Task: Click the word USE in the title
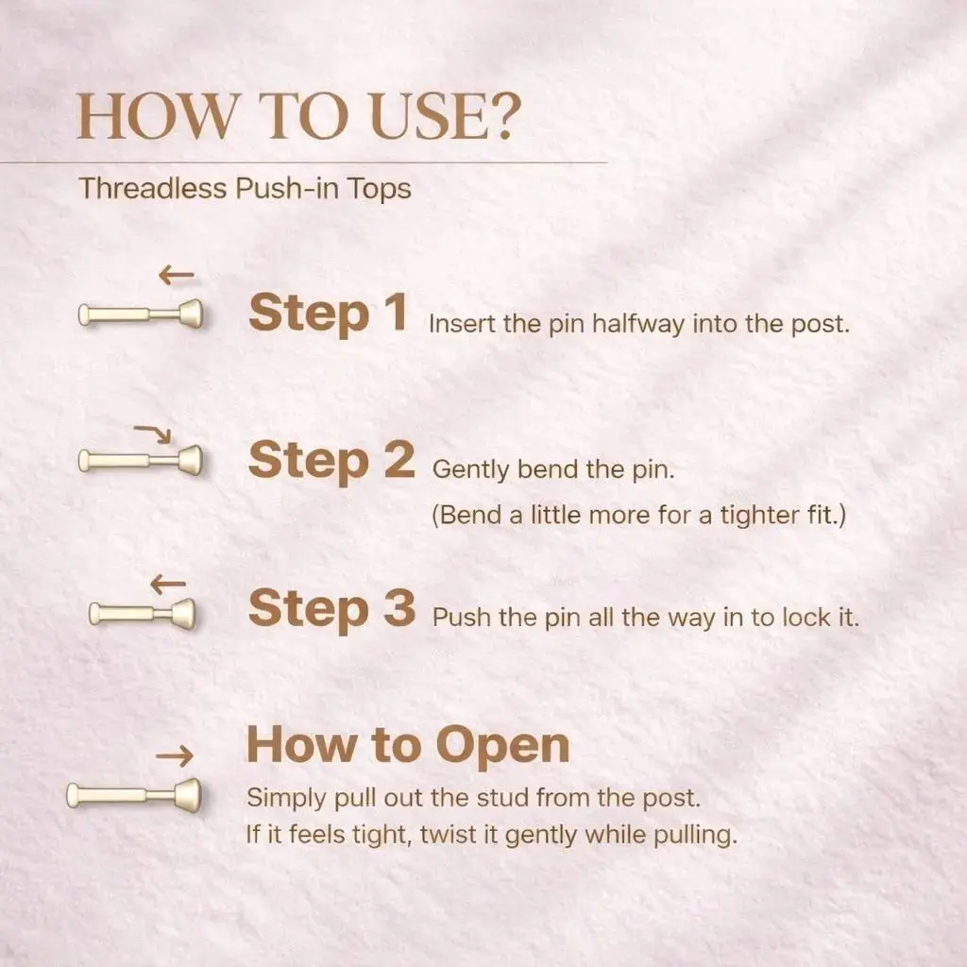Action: (x=428, y=116)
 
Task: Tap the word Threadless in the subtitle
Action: (x=153, y=188)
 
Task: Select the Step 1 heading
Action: (x=328, y=313)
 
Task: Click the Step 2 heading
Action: (x=331, y=461)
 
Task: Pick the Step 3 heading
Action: (x=331, y=609)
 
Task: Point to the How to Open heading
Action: (x=408, y=746)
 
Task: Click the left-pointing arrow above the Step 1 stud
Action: (x=177, y=275)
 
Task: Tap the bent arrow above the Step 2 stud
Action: (x=154, y=433)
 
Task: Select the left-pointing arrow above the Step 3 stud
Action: (x=168, y=584)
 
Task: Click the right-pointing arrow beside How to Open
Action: (x=175, y=755)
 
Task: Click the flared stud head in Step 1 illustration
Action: (x=191, y=314)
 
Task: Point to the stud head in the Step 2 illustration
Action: (x=191, y=460)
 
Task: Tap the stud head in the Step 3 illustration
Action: (x=183, y=614)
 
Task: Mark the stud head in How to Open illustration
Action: (x=188, y=795)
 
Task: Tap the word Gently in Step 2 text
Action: (x=471, y=470)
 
